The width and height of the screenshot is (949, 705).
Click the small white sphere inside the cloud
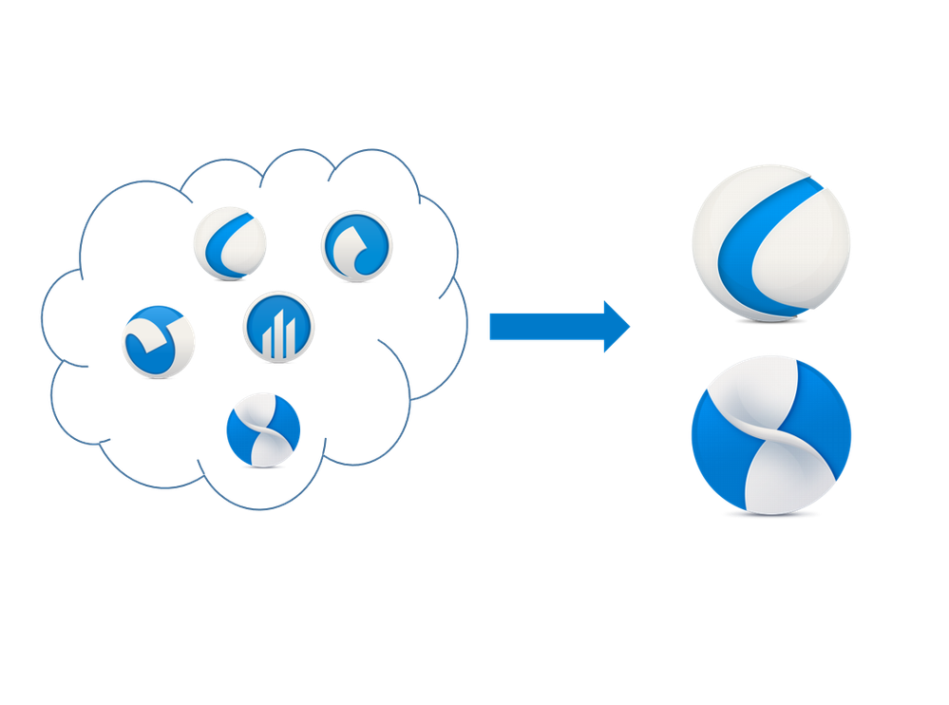click(x=229, y=243)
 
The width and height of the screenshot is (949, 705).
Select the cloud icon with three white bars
click(x=280, y=326)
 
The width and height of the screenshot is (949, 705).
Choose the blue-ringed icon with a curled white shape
click(x=357, y=246)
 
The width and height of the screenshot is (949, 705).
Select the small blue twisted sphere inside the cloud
click(x=262, y=429)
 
